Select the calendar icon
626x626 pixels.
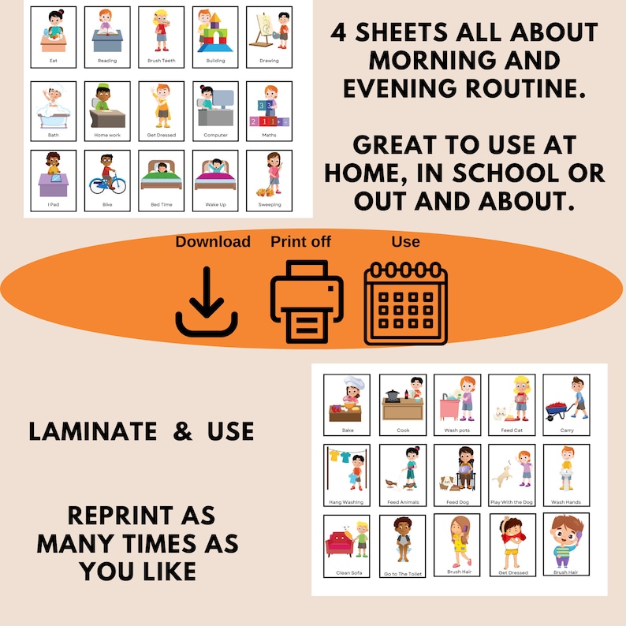(405, 304)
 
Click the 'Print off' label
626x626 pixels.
(300, 241)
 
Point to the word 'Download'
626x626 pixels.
(213, 241)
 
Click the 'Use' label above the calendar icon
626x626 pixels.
(405, 241)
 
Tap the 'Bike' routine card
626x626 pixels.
(107, 181)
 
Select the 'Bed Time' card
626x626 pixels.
(161, 181)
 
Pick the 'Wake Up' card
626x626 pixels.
(214, 181)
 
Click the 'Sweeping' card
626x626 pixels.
(269, 181)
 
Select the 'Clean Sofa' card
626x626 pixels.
(348, 546)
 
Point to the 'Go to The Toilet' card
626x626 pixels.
(403, 546)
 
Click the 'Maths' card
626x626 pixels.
(269, 111)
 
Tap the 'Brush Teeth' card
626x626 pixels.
(161, 37)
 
